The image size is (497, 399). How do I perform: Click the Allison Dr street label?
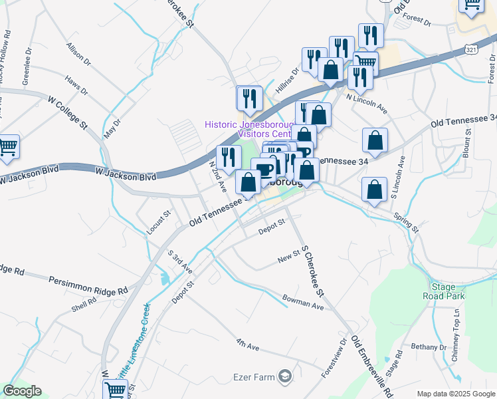(x=78, y=55)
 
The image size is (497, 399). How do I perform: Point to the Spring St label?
(x=406, y=222)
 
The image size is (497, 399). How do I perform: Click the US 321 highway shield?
(x=470, y=50)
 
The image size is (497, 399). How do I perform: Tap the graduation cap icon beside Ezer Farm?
(x=285, y=377)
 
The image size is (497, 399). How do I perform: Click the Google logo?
(x=22, y=391)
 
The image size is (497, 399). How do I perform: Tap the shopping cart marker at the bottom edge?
(x=115, y=390)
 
